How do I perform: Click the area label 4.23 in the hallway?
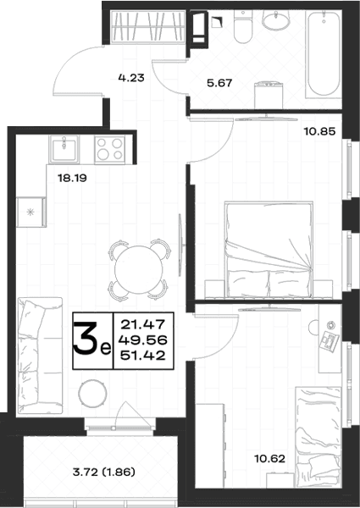point(131,78)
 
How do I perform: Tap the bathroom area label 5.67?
point(219,83)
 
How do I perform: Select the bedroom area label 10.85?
point(319,131)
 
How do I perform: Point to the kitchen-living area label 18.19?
point(72,178)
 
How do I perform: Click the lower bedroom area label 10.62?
point(270,459)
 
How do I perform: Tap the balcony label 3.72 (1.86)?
point(103,472)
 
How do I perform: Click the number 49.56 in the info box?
point(143,340)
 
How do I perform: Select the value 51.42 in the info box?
point(143,356)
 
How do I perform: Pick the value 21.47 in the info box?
point(143,324)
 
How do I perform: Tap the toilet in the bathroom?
point(243,26)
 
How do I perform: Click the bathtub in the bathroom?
point(324,54)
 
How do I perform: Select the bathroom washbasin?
point(276,19)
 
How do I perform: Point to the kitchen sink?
point(64,149)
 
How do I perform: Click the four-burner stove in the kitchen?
point(110,149)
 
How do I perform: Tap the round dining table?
point(139,270)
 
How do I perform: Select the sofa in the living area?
point(40,356)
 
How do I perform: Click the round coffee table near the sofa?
point(92,394)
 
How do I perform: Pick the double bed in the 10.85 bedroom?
point(269,250)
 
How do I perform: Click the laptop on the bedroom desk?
point(330,341)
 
